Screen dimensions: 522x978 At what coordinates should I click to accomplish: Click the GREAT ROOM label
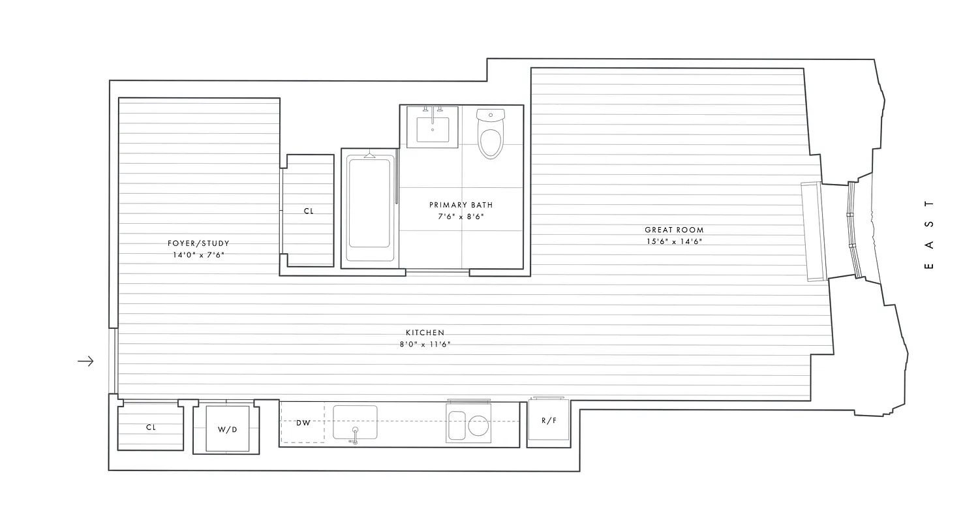tap(674, 230)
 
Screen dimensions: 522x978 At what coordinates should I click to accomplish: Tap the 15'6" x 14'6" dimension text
tap(674, 241)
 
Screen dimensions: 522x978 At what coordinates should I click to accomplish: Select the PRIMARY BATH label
tap(461, 205)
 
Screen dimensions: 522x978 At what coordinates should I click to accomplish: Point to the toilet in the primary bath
tap(491, 134)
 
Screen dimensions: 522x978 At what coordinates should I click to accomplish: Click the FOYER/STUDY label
tap(198, 243)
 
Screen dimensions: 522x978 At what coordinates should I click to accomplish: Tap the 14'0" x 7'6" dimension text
tap(198, 255)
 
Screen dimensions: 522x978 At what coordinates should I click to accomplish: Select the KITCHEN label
tap(425, 333)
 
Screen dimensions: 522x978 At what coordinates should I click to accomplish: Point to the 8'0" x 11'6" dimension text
tap(425, 345)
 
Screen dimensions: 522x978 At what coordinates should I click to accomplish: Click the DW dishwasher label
tap(303, 423)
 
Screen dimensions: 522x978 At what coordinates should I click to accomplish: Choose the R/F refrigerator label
tap(549, 420)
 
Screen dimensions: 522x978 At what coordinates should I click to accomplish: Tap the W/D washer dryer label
tap(227, 430)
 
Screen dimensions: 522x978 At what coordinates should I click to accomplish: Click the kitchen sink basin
tap(355, 422)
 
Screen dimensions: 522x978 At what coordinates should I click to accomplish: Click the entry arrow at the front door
tap(85, 361)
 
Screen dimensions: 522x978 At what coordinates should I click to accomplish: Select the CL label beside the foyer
tap(309, 211)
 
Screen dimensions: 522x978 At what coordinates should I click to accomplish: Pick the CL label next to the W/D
tap(151, 427)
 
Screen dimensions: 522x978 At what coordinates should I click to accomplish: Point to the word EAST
tap(930, 234)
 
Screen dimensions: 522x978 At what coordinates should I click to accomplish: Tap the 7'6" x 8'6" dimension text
tap(461, 217)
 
